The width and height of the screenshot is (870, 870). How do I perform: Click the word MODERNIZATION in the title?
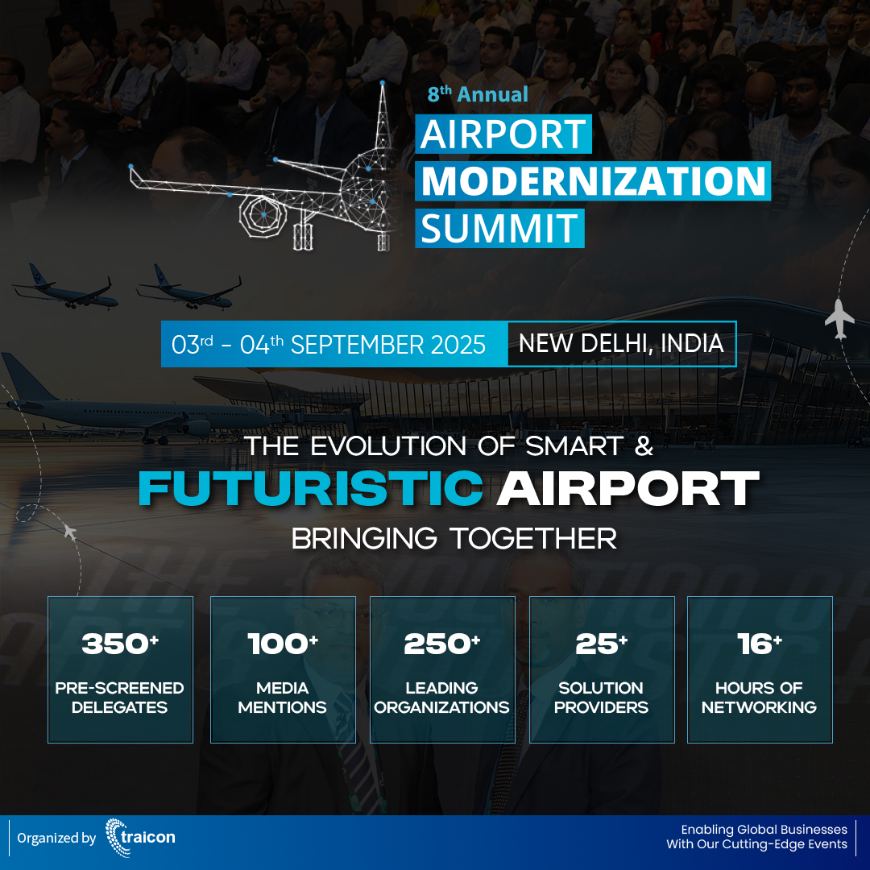pyautogui.click(x=593, y=181)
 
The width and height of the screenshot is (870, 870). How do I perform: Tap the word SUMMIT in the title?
pyautogui.click(x=499, y=228)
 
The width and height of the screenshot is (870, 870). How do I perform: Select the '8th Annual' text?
pyautogui.click(x=478, y=95)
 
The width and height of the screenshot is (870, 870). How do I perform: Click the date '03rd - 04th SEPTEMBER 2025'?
pyautogui.click(x=329, y=345)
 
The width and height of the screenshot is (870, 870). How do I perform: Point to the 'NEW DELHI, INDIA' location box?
pyautogui.click(x=621, y=344)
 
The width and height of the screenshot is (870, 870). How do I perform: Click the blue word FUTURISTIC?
pyautogui.click(x=311, y=488)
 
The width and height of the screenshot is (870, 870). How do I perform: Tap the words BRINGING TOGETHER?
pyautogui.click(x=454, y=538)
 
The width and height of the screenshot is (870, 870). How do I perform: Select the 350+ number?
pyautogui.click(x=120, y=644)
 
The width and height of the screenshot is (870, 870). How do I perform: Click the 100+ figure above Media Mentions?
pyautogui.click(x=283, y=644)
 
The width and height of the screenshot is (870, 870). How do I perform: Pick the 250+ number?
pyautogui.click(x=442, y=644)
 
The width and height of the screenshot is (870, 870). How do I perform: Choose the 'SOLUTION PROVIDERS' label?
pyautogui.click(x=601, y=698)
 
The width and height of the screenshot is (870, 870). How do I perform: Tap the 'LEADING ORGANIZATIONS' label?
pyautogui.click(x=442, y=698)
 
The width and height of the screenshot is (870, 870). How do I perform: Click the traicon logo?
pyautogui.click(x=140, y=838)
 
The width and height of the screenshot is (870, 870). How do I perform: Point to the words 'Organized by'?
pyautogui.click(x=56, y=839)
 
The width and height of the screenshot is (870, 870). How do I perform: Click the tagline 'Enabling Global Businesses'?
pyautogui.click(x=764, y=829)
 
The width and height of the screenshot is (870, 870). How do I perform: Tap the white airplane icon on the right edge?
pyautogui.click(x=839, y=318)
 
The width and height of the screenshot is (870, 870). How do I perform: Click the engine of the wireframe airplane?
pyautogui.click(x=263, y=213)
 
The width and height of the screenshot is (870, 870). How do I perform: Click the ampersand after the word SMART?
pyautogui.click(x=643, y=446)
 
